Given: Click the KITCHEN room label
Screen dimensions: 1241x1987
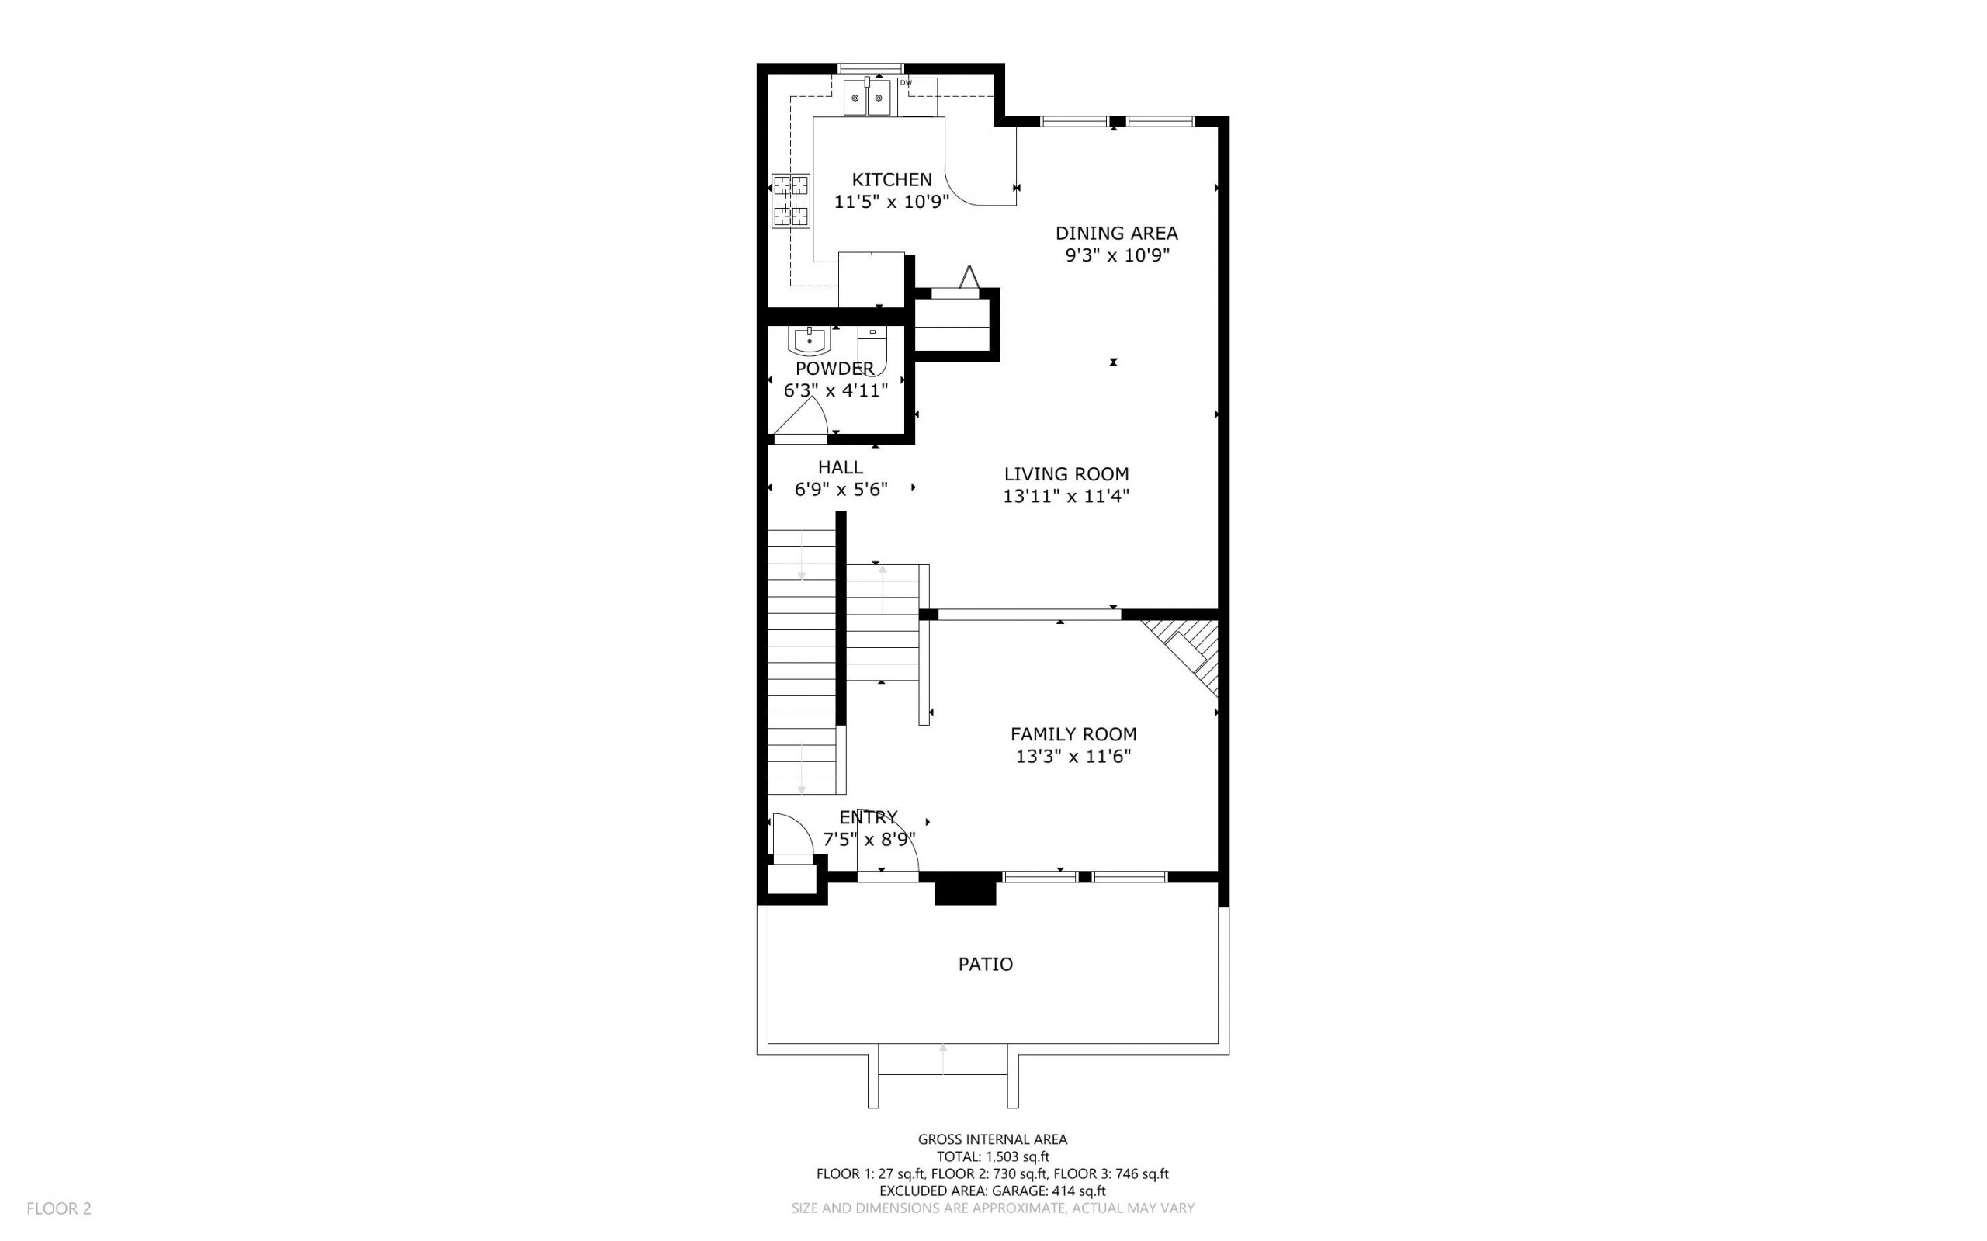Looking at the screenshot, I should coord(891,180).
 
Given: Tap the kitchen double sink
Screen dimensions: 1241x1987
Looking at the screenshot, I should coord(867,98).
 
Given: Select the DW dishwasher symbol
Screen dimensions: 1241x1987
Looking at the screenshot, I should coord(916,97).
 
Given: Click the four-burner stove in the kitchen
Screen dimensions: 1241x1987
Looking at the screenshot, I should coord(791,201).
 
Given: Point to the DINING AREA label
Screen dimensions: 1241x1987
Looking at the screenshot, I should coord(1116,233).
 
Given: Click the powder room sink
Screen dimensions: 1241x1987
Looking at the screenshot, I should coord(810,339).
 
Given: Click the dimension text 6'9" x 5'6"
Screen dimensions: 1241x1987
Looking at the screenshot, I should coord(841,490).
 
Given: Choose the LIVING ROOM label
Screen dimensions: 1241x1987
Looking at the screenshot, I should coord(1066,473).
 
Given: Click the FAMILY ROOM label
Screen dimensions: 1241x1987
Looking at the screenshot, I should coord(1073,734).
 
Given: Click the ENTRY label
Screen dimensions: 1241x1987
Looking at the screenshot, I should coord(868,817).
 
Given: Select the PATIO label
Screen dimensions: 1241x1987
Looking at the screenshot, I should coord(985,965).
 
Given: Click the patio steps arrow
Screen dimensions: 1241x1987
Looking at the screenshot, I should coord(943,1059).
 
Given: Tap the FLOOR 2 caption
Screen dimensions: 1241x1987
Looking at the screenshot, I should coord(59,1208).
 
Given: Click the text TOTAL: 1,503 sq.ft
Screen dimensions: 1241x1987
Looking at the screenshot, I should coord(992,1156).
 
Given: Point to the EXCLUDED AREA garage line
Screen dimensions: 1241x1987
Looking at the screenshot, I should coord(992,1191).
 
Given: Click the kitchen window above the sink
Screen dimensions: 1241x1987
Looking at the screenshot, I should coord(870,68).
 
